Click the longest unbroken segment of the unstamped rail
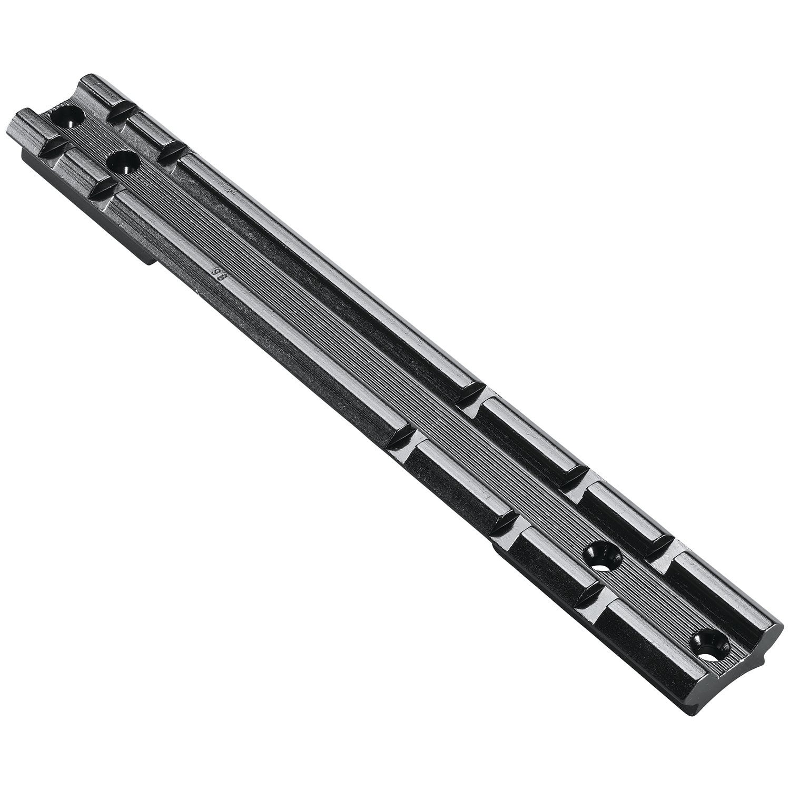click(x=327, y=269)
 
